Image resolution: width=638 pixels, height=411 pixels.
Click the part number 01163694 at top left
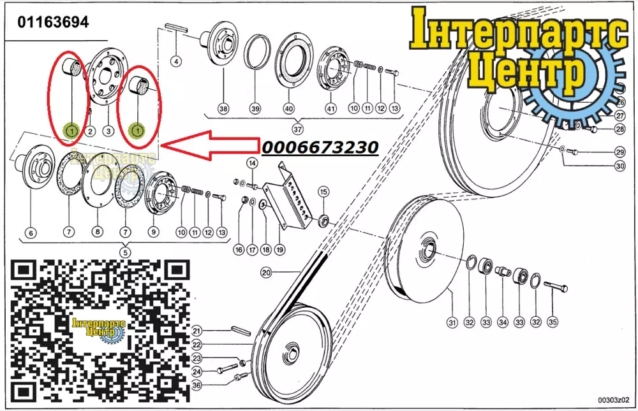click(53, 22)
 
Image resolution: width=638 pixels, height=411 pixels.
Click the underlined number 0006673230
click(320, 147)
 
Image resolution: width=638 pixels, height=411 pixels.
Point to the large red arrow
click(210, 145)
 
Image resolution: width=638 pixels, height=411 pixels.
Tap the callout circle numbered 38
click(223, 108)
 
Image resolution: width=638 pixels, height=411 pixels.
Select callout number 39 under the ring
click(255, 108)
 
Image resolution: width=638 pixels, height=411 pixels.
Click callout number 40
click(288, 108)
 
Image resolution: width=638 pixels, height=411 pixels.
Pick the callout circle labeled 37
click(297, 129)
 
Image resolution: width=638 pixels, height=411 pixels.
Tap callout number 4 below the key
click(176, 62)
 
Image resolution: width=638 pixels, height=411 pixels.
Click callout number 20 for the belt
click(266, 272)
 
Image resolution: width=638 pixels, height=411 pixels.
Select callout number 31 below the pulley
click(452, 322)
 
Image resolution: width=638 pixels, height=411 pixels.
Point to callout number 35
click(552, 322)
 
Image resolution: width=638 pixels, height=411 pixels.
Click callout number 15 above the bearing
click(323, 191)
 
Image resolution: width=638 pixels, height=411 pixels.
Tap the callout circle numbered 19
click(279, 250)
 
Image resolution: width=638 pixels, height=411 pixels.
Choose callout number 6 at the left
click(31, 233)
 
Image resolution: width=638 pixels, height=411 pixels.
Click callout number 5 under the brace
click(125, 252)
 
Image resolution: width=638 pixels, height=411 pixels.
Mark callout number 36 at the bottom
click(197, 385)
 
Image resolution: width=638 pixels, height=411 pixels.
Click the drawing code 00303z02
click(613, 400)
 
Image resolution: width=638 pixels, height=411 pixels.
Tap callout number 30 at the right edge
click(619, 166)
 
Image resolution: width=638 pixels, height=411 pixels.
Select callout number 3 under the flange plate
click(108, 131)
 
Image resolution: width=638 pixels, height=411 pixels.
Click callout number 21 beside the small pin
click(197, 331)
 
